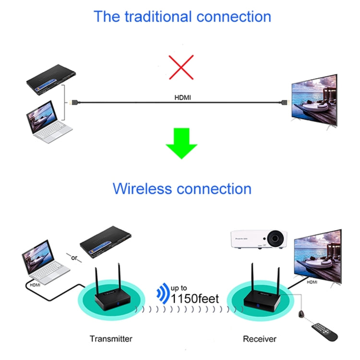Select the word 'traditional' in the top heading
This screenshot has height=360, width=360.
tap(154, 16)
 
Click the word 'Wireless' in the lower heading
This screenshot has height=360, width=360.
tap(142, 188)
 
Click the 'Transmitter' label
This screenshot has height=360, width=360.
tap(111, 339)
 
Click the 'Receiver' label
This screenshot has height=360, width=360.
tap(260, 339)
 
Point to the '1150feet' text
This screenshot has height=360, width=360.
tap(195, 299)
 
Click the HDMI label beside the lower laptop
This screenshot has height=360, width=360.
tap(35, 284)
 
